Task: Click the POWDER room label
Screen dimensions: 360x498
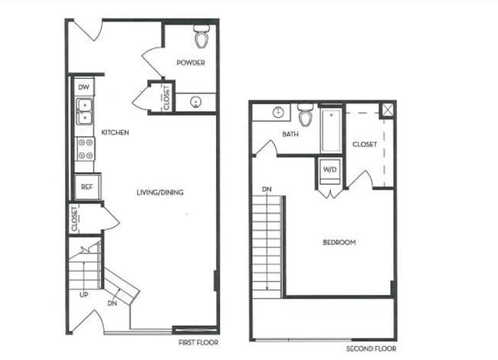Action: [190, 63]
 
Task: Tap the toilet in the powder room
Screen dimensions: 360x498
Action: [201, 36]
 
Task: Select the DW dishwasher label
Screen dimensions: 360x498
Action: [84, 87]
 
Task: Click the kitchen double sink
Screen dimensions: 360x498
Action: [84, 111]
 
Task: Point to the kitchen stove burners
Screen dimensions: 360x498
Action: [84, 149]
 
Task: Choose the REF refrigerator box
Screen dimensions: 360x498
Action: [87, 186]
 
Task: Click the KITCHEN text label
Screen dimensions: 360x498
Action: [115, 133]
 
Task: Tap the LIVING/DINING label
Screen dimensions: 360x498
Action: [159, 192]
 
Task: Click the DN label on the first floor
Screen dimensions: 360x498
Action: [113, 304]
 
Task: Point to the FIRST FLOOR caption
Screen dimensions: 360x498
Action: [197, 342]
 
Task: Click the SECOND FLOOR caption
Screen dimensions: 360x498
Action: [371, 349]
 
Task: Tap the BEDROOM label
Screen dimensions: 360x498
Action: [339, 243]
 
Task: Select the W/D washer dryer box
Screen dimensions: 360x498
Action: [330, 169]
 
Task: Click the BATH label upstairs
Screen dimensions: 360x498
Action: [290, 135]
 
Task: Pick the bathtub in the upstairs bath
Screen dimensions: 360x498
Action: [330, 130]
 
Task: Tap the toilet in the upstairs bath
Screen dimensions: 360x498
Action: [306, 117]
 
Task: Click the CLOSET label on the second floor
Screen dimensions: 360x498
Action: [364, 144]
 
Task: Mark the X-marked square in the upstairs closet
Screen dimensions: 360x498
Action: [388, 109]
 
